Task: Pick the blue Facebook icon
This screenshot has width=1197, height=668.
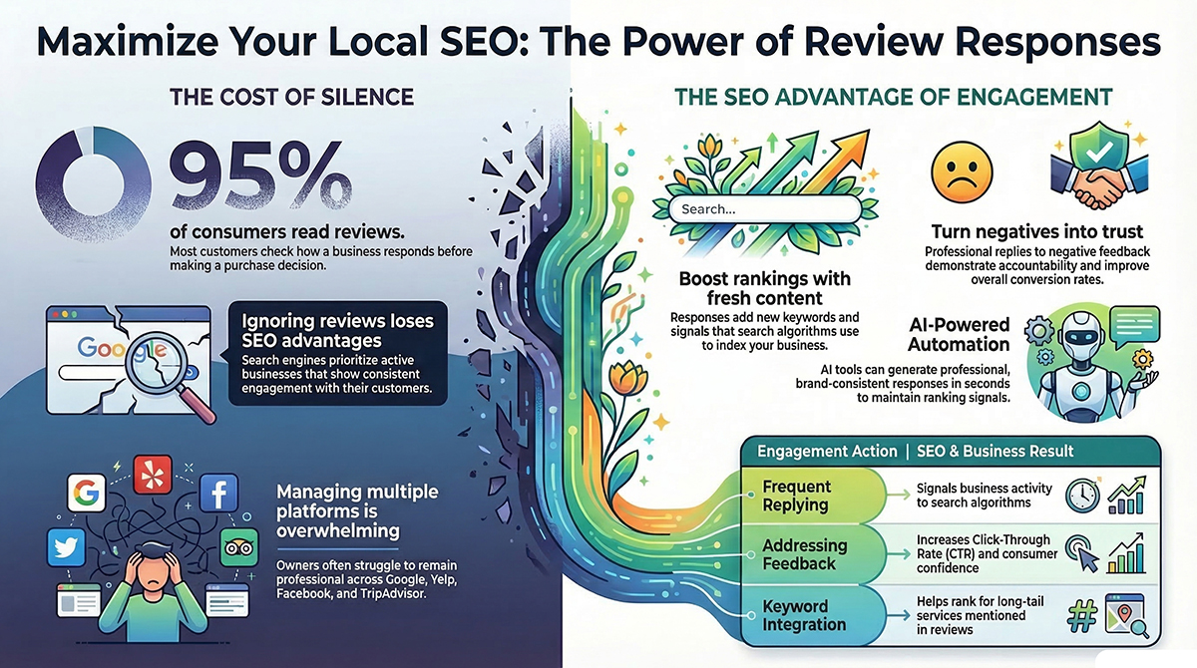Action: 218,495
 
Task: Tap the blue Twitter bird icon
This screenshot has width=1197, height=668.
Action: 66,548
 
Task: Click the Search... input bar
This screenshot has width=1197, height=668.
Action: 764,208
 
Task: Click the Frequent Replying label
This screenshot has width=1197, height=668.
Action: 796,495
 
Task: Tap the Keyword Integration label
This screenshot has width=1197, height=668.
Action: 798,615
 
